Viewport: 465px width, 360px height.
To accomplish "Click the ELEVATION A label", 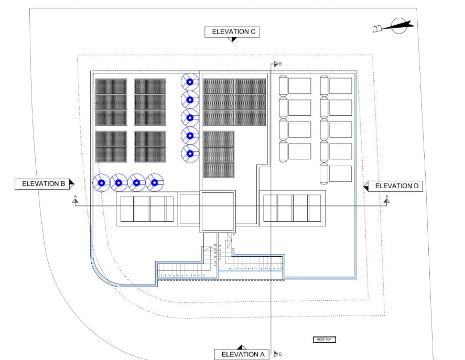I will [x=243, y=354].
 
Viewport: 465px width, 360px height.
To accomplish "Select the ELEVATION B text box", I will [x=41, y=184].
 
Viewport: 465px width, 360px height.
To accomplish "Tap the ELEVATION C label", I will [x=233, y=32].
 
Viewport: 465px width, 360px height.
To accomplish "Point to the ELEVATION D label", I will [x=397, y=186].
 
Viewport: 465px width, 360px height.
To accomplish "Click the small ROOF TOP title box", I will [x=323, y=340].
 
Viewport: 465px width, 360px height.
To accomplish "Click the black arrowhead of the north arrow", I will [x=404, y=24].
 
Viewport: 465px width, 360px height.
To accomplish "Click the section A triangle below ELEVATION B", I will [x=75, y=200].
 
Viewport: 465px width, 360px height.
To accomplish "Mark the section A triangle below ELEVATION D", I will [x=387, y=200].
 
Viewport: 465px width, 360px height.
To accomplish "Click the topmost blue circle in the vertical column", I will [x=190, y=81].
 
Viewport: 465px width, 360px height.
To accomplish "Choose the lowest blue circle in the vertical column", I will [x=190, y=154].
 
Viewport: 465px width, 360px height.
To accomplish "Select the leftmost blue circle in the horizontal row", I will [x=101, y=183].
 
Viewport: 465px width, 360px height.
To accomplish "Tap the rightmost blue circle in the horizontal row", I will [x=154, y=183].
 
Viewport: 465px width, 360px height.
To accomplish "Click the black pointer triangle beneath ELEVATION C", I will [x=234, y=40].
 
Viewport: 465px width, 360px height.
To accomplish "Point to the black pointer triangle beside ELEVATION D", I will [x=367, y=186].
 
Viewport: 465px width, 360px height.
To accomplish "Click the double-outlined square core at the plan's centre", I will [x=218, y=211].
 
